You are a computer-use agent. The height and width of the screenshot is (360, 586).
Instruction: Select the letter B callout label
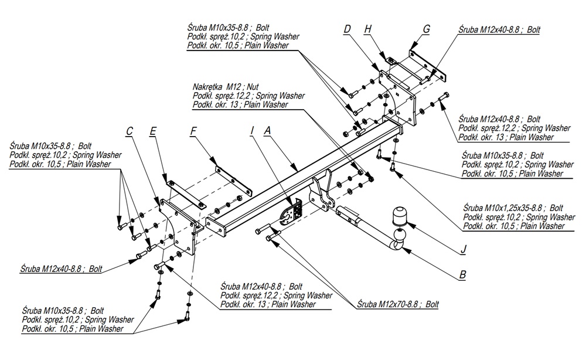(462, 274)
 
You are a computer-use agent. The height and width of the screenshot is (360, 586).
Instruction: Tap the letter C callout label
(130, 132)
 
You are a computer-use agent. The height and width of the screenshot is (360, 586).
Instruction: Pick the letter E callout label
(152, 132)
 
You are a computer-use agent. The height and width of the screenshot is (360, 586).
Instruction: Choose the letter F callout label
(193, 132)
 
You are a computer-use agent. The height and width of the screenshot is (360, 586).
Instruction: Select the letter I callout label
(251, 132)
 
